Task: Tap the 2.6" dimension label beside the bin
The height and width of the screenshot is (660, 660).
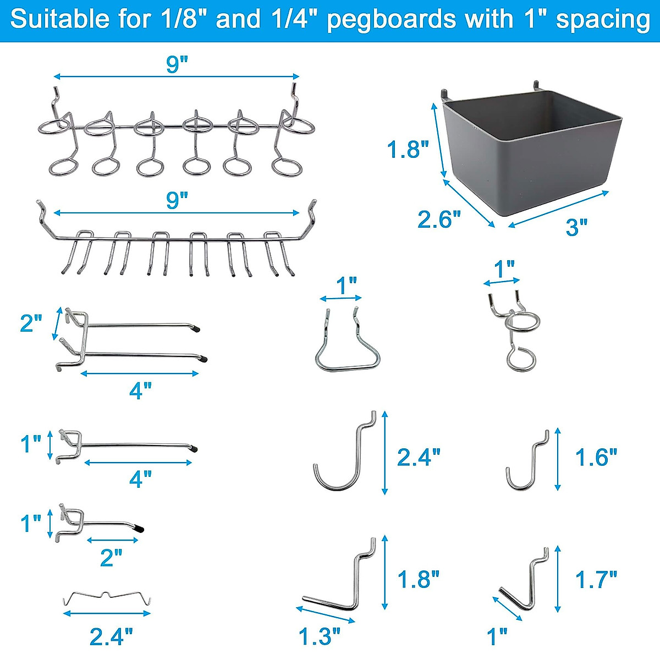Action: tap(438, 219)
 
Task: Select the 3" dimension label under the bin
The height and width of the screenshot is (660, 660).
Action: tap(576, 227)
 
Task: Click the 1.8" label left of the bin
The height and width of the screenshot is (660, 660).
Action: tap(408, 149)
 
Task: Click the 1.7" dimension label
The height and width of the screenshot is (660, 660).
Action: tap(596, 579)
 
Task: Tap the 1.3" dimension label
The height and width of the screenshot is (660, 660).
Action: tap(319, 636)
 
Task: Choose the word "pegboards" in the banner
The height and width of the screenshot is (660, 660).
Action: tap(391, 20)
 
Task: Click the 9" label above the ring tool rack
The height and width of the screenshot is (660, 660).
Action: tap(177, 64)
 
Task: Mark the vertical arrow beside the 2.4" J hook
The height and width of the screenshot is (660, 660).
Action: tap(385, 452)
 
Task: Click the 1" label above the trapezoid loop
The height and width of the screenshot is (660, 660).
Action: tap(346, 285)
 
